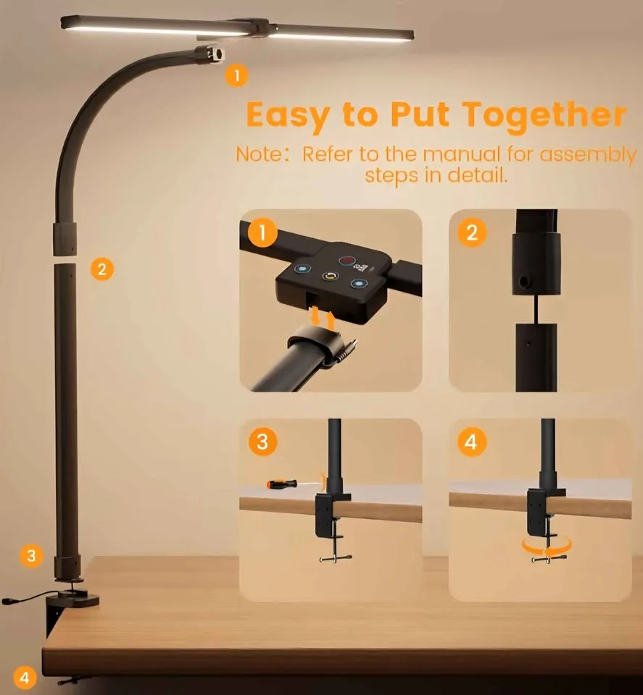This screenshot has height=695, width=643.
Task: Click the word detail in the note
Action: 478,175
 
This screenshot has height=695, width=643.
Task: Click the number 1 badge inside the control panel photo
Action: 262,232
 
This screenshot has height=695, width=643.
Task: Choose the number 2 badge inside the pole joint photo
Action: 472,232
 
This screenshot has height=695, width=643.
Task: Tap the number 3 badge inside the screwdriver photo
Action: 262,441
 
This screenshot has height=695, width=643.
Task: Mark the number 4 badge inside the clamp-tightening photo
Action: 472,441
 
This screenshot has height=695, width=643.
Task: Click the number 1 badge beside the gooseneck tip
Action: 236,75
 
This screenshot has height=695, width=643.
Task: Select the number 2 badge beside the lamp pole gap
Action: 101,269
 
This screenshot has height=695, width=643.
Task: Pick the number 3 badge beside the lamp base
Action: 31,556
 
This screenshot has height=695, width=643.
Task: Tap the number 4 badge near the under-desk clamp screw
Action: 25,678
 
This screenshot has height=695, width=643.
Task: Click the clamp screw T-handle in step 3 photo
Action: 334,558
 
